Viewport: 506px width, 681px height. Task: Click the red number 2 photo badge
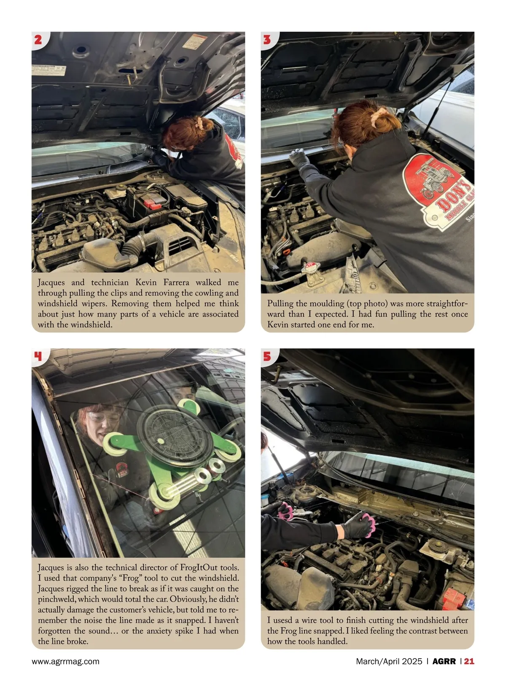click(38, 40)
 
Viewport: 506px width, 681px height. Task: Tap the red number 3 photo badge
click(267, 40)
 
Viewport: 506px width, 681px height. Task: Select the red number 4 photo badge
click(38, 356)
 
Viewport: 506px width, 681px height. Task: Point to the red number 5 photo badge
click(267, 356)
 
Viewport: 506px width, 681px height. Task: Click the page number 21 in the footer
click(469, 661)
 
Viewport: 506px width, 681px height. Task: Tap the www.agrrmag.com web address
click(65, 661)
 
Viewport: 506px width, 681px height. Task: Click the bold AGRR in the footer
click(444, 661)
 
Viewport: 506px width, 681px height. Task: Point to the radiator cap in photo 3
click(310, 268)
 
